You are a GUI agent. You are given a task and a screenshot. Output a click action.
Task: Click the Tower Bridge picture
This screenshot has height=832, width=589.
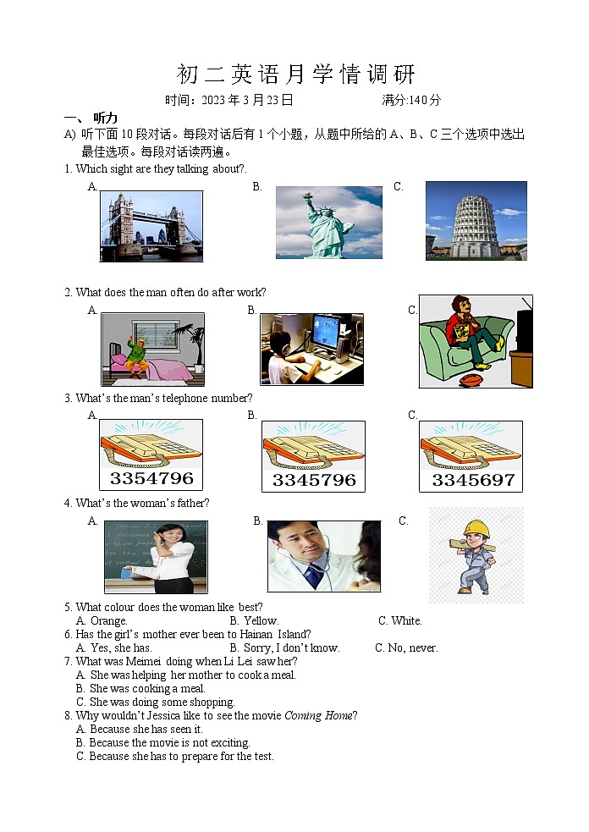point(151,226)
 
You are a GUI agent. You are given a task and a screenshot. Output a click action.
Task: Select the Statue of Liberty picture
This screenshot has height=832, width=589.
point(328,223)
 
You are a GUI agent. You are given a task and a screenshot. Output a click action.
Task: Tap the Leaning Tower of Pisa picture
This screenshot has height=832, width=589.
point(476,220)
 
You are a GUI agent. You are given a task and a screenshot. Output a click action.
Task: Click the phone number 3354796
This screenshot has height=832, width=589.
point(151,479)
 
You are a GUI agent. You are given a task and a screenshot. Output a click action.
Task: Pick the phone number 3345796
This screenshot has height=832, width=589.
point(313,481)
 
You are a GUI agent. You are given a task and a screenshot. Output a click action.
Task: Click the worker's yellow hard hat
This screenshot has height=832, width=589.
point(477,528)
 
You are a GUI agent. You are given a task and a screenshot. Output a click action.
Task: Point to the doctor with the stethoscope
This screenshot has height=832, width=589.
point(309,554)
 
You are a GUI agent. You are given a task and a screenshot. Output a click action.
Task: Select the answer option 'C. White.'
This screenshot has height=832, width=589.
point(399,620)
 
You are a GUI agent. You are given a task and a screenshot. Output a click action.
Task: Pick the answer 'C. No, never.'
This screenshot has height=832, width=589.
point(406,647)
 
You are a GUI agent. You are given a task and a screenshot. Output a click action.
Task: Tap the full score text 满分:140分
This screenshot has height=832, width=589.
point(411,100)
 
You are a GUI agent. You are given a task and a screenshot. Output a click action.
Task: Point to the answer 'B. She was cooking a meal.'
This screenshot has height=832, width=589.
point(140,688)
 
